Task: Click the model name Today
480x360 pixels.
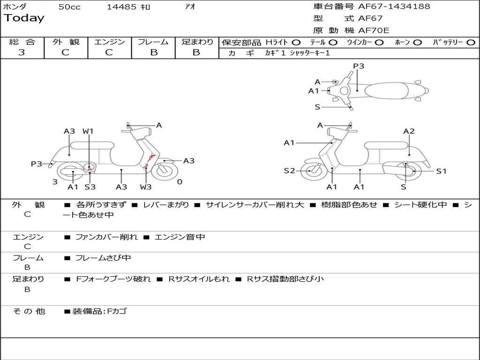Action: tap(24, 18)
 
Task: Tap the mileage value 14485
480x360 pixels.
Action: tap(121, 7)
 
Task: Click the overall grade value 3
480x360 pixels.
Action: tap(21, 52)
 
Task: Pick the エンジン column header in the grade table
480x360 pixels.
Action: tap(109, 42)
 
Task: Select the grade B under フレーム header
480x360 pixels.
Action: tap(153, 52)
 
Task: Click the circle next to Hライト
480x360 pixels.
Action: tap(296, 43)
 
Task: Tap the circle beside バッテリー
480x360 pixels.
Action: tap(471, 43)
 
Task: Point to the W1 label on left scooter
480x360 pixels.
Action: tap(88, 131)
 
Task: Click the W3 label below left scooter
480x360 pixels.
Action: tap(146, 187)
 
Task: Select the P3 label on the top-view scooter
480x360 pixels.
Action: tap(359, 66)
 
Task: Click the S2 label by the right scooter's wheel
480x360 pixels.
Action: tap(290, 171)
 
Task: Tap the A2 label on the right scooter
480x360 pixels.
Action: tap(409, 131)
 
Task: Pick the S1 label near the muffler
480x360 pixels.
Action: tap(442, 171)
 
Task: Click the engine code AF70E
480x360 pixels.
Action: tap(374, 31)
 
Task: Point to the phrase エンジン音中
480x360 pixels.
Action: tap(180, 237)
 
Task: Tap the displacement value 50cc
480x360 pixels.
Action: tap(69, 7)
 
